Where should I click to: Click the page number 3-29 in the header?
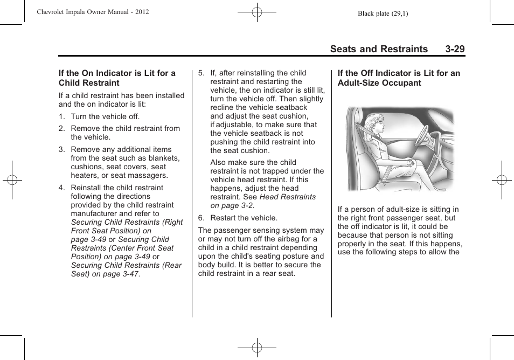455,49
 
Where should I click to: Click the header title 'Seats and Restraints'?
379,49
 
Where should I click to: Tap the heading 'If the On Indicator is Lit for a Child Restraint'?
117,78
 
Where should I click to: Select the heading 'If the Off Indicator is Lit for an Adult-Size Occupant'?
399,78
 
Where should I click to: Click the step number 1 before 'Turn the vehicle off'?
61,116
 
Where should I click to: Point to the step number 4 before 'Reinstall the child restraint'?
61,188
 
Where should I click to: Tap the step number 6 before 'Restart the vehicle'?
201,218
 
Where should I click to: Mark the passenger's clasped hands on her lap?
411,162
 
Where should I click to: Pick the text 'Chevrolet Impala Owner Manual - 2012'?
93,12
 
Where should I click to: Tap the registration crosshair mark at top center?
257,12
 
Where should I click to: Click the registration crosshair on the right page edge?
501,180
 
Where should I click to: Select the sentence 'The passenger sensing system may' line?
261,230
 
